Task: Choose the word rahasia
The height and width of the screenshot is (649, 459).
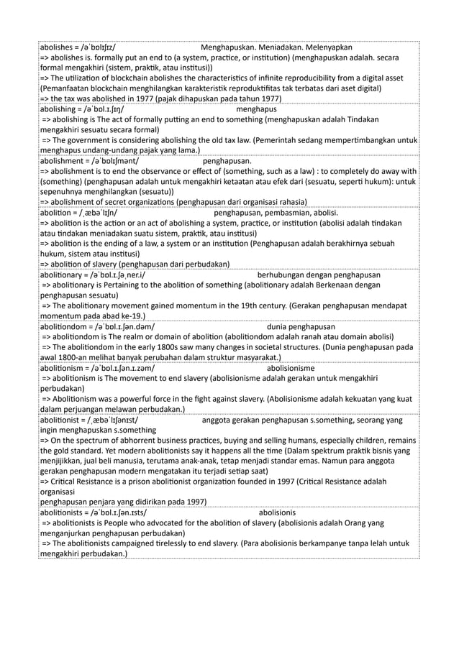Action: (291, 203)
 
